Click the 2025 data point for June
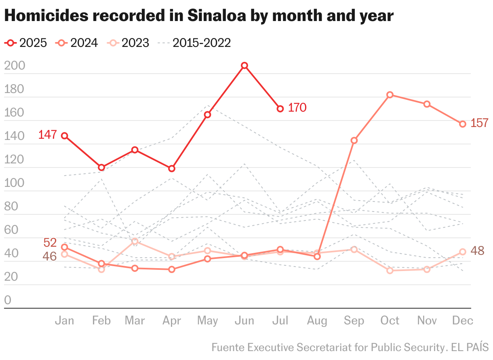(x=244, y=66)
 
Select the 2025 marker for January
(x=64, y=136)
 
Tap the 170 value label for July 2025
(x=297, y=108)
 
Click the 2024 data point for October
(x=390, y=95)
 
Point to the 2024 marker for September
(x=354, y=141)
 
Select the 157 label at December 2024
(x=480, y=123)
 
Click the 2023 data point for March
(x=135, y=241)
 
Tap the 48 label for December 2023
(x=478, y=251)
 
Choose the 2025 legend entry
(x=26, y=43)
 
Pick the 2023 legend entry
(x=129, y=43)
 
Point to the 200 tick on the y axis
(x=14, y=66)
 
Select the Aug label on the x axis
(x=317, y=321)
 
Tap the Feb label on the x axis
(x=101, y=321)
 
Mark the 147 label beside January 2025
(x=47, y=135)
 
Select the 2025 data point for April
(x=172, y=169)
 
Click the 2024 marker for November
(x=426, y=104)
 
